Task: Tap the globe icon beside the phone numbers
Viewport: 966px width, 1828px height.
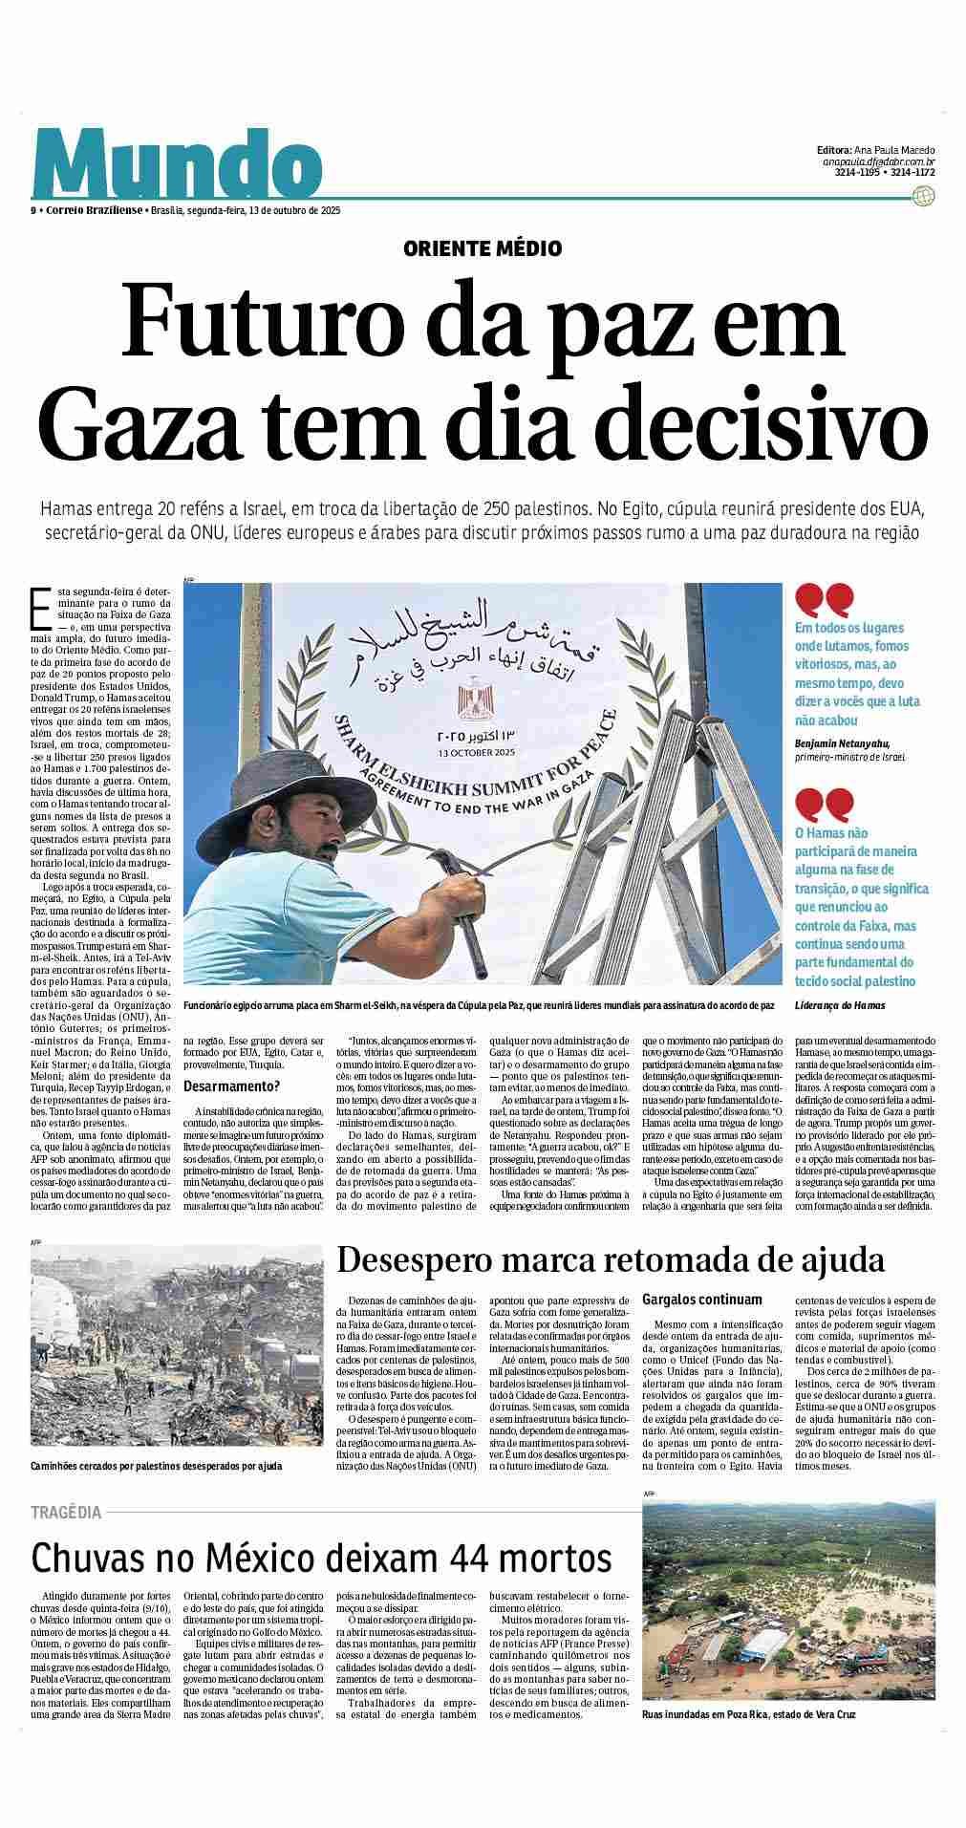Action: tap(924, 196)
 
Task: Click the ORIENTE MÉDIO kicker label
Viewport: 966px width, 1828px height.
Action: tap(483, 248)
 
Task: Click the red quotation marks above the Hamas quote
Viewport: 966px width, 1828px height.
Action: tap(824, 804)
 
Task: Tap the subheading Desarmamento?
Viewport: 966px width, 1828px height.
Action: tap(231, 1086)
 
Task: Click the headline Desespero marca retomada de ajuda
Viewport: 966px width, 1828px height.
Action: tap(611, 1259)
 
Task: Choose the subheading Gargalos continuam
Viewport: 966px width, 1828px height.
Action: tap(702, 1299)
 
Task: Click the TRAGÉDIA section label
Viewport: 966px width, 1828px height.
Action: tap(66, 1512)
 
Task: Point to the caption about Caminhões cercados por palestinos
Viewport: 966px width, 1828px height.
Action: tap(156, 1465)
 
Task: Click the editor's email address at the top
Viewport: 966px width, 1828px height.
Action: tap(878, 162)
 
